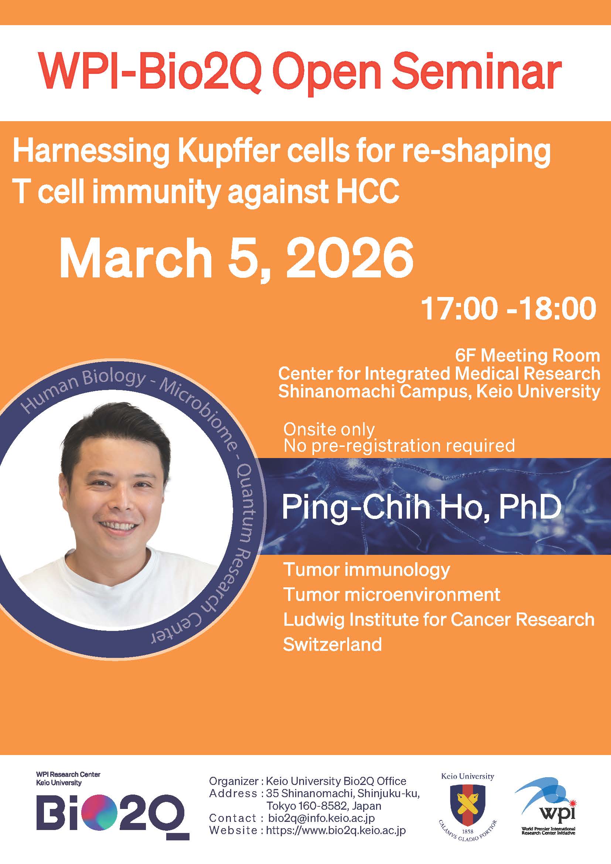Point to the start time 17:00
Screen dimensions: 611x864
coord(459,309)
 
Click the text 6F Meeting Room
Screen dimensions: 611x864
coord(528,355)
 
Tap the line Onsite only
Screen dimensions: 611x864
coord(329,429)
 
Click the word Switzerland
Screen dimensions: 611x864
coord(332,645)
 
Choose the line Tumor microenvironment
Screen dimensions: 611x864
coord(392,595)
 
